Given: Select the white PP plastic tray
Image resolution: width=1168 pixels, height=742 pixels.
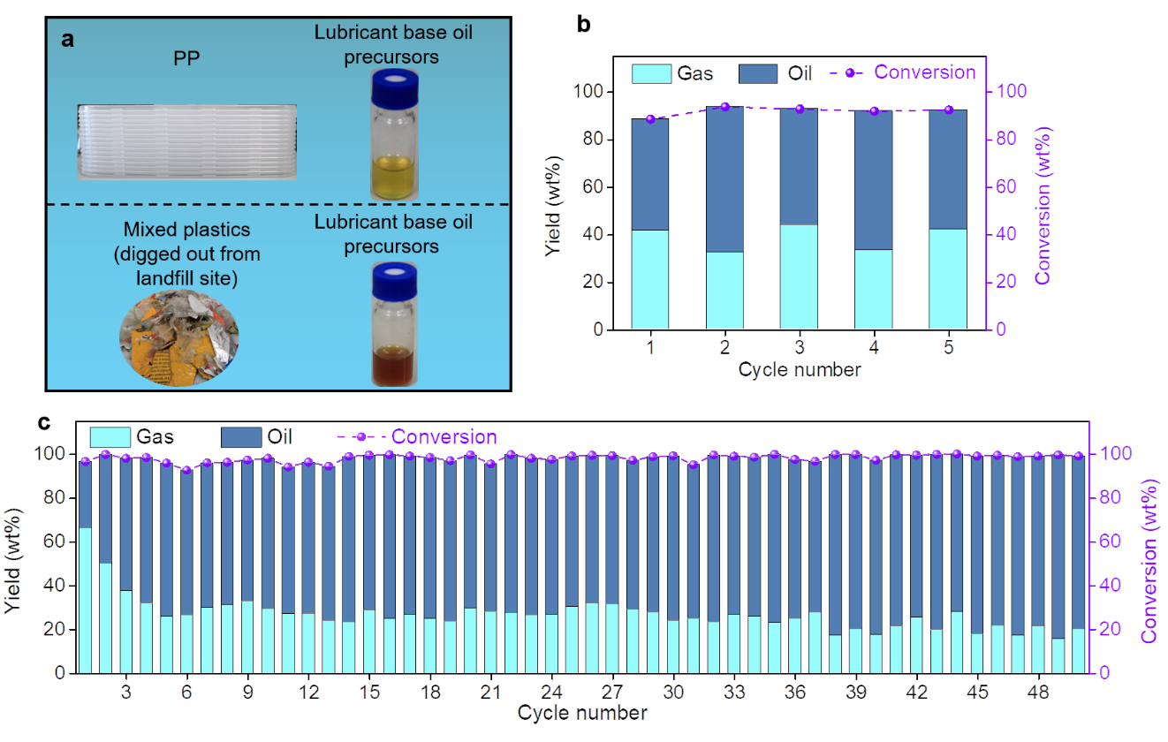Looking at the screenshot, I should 186,141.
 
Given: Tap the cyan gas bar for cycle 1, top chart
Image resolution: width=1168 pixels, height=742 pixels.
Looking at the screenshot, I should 650,279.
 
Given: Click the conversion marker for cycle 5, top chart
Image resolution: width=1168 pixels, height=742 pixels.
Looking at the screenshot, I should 949,110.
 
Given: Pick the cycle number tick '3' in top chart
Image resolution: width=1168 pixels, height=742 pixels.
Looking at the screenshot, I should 799,347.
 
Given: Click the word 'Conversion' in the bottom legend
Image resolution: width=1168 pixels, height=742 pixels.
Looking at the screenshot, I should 444,437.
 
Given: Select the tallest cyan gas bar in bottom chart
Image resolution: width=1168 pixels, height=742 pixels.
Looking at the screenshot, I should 86,600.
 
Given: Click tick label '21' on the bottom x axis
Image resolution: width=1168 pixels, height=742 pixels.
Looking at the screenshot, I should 489,692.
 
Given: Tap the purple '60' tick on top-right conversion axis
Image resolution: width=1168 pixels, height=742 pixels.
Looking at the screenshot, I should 1007,186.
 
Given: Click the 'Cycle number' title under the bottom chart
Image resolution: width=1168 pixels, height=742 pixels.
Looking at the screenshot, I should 582,712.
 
